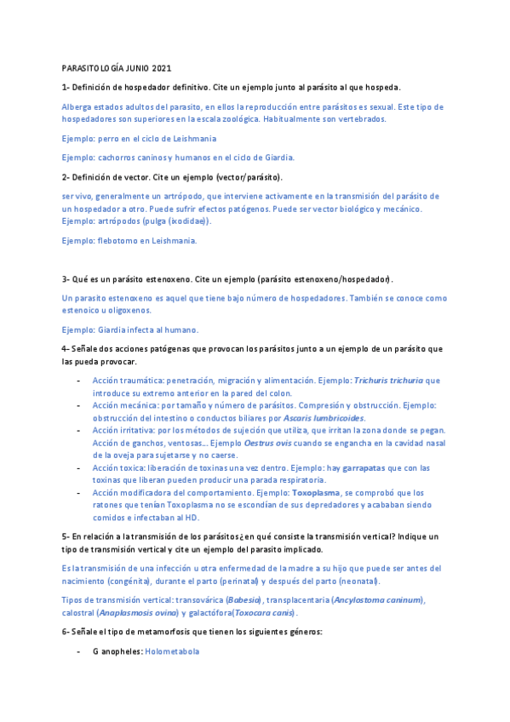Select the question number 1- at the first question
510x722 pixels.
click(66, 87)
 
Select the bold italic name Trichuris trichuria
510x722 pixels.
click(387, 381)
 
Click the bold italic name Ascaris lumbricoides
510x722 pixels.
click(327, 418)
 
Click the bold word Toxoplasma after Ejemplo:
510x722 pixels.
click(316, 493)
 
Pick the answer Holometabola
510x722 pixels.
click(172, 651)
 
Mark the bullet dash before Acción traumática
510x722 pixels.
click(78, 381)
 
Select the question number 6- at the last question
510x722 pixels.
click(66, 631)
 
